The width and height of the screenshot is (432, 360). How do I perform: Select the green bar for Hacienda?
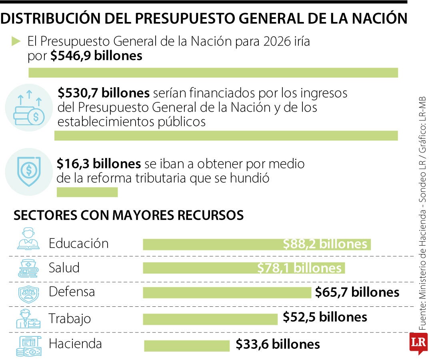187,346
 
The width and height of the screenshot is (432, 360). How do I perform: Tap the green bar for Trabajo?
210,319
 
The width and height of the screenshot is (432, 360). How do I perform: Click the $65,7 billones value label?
357,292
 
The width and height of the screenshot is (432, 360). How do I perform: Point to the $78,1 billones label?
300,268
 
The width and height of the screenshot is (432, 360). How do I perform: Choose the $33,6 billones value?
278,344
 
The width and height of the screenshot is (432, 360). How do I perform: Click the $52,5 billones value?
325,317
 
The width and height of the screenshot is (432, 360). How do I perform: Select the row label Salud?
64,268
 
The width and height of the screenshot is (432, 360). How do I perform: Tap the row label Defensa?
72,292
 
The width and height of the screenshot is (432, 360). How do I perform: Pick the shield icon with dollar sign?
29,171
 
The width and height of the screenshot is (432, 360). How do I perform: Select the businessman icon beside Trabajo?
28,318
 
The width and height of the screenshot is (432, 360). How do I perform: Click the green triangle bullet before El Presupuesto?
16,41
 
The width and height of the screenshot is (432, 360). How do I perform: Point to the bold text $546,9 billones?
96,56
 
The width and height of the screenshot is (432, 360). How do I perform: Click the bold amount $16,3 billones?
98,164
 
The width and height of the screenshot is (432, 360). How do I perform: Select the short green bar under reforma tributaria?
87,192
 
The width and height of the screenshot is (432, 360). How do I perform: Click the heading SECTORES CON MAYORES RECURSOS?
128,215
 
